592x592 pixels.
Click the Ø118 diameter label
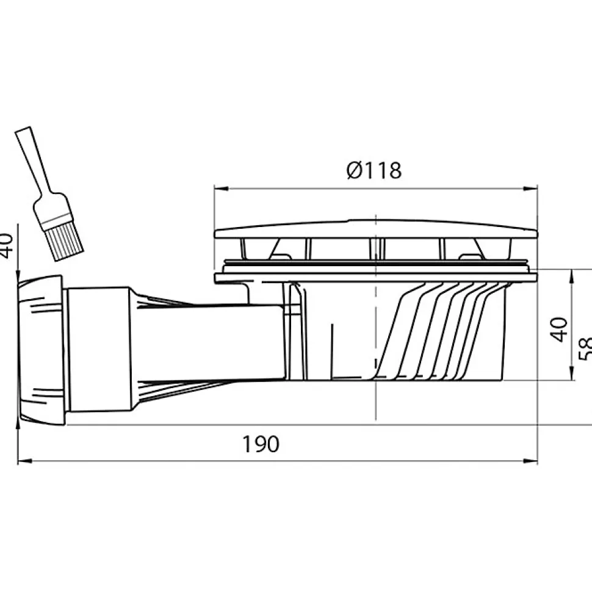pos(374,170)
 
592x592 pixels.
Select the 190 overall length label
pos(262,444)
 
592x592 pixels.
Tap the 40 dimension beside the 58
pos(560,329)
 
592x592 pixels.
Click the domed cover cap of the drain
pos(374,229)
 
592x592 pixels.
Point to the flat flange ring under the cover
pos(374,278)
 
